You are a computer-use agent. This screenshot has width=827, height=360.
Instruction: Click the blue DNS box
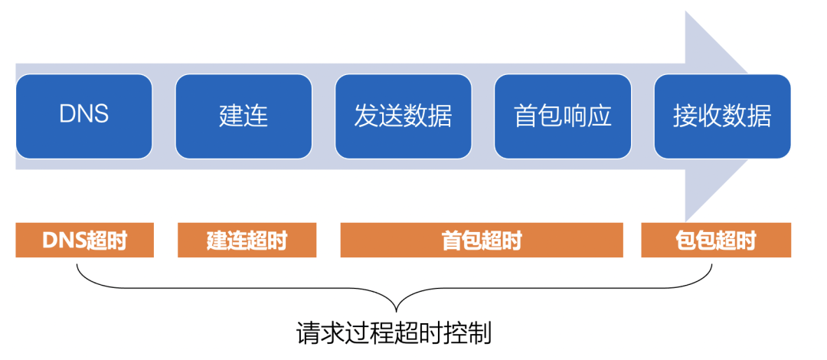pos(84,116)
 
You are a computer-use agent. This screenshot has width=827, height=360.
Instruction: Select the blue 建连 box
pos(244,116)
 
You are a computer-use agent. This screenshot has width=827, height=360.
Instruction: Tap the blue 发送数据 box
pos(403,116)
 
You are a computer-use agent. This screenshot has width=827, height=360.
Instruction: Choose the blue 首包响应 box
pos(563,116)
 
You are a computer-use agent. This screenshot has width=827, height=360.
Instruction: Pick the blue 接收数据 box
pos(722,116)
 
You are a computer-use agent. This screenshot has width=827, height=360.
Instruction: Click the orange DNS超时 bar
pos(84,241)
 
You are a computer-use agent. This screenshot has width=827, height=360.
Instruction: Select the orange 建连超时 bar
pos(247,241)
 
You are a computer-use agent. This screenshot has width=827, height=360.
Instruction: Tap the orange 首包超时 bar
pos(482,241)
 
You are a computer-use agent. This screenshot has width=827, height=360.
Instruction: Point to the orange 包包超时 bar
pos(716,241)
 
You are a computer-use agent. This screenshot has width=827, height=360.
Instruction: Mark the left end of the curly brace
pos(77,265)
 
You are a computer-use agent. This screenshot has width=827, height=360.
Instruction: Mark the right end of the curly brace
pos(712,265)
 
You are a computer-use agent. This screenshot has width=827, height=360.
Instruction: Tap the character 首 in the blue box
pos(526,116)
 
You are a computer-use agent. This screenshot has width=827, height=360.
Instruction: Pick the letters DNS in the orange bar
pos(64,241)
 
